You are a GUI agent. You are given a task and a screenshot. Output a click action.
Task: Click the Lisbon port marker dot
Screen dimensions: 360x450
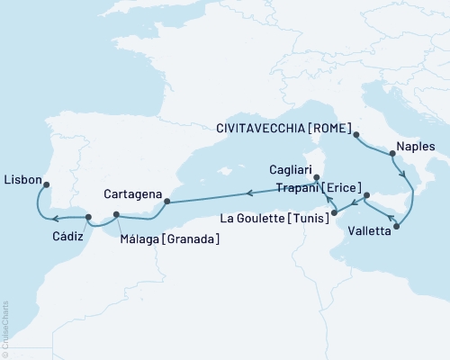45,187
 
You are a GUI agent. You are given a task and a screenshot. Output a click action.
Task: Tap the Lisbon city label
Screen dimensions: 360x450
22,179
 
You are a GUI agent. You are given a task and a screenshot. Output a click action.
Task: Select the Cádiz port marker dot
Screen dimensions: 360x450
87,218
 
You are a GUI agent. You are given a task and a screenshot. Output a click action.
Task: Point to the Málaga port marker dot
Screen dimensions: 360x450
116,214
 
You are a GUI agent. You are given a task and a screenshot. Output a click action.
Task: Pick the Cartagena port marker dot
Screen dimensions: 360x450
166,201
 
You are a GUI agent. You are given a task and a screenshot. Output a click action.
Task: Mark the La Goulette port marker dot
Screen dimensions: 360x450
333,213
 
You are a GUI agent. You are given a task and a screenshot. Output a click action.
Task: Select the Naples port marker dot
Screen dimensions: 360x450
391,154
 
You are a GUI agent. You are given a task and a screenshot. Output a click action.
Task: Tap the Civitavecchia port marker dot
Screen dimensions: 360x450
356,136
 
